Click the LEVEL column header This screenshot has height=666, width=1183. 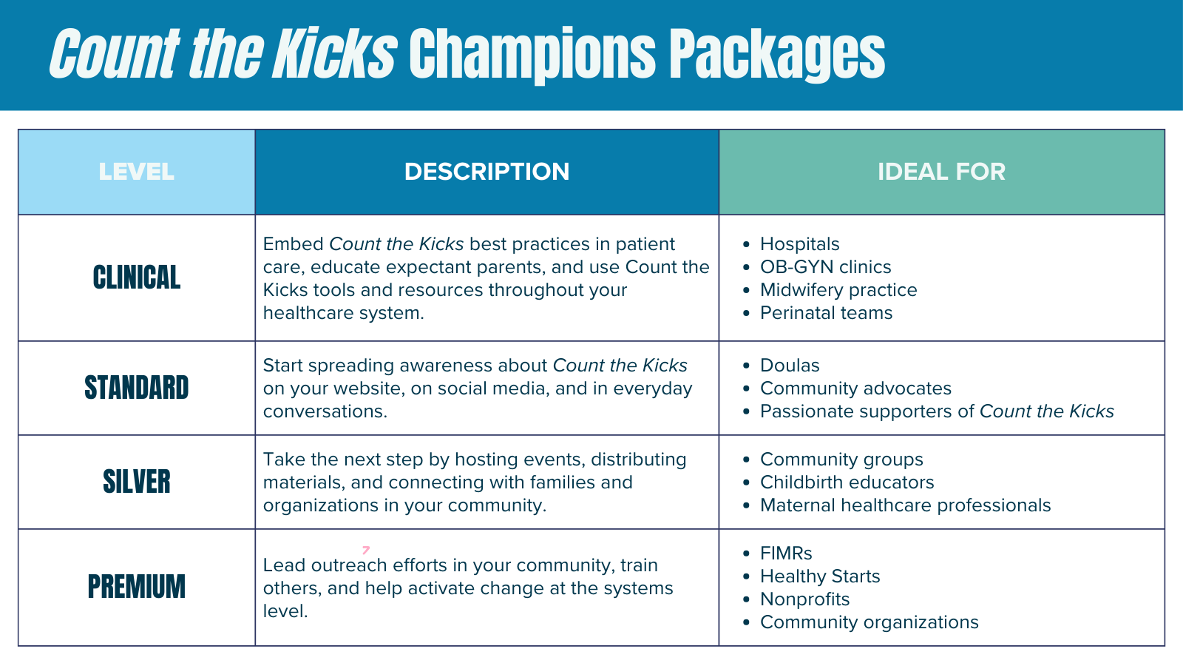pos(136,172)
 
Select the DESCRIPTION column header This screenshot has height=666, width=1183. pos(487,172)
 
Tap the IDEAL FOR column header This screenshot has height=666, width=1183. pos(941,172)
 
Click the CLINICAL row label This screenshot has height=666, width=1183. pos(136,277)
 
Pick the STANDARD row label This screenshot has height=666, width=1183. pos(136,388)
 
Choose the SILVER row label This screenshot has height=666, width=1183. pos(136,482)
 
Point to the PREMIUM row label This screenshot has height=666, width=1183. pos(136,587)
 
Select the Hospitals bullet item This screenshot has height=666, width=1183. pos(799,244)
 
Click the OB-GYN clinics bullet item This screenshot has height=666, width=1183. pos(825,267)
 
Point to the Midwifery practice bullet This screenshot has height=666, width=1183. pos(838,290)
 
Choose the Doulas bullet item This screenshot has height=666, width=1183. pos(790,366)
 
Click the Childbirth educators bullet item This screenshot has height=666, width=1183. pos(847,482)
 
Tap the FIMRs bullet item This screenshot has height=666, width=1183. pos(786,554)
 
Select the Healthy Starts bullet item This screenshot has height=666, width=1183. pos(820,576)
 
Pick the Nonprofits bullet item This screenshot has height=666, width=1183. pos(804,599)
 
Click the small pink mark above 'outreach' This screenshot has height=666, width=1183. pos(365,550)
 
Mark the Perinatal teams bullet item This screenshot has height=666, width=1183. pos(826,313)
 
